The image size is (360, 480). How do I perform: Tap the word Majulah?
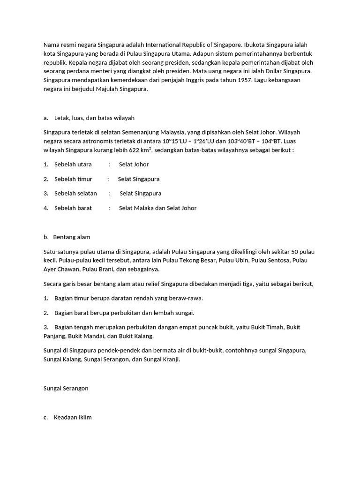(105, 89)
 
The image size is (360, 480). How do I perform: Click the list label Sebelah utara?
(73, 165)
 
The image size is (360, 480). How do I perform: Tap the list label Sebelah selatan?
(75, 193)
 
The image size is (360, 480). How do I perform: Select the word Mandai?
(96, 336)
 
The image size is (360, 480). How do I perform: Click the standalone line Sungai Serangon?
(66, 388)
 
